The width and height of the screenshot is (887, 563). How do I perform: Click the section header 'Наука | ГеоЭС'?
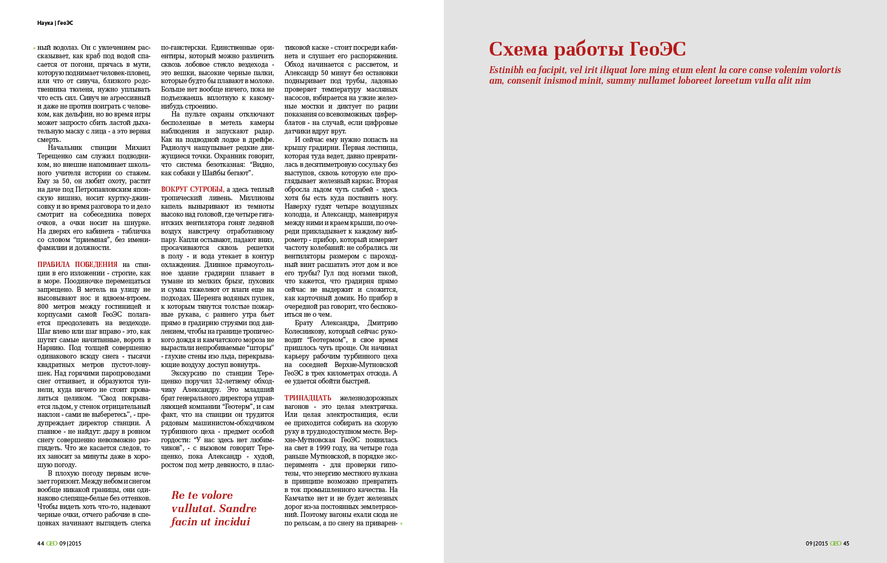coord(55,23)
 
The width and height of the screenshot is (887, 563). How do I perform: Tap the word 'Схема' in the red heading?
coord(518,49)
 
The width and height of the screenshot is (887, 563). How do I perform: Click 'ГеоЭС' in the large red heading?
coord(657,49)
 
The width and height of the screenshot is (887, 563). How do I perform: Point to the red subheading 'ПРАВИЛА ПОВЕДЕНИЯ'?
coord(77,264)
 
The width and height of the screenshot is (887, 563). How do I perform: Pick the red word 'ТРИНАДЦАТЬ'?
coord(308,398)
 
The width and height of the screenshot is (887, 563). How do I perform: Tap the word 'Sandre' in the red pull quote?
coord(237,508)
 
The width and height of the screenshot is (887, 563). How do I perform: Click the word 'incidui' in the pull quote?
coord(230,522)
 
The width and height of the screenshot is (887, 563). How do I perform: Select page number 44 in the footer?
coord(40,543)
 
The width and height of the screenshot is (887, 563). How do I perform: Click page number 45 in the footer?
coord(846,543)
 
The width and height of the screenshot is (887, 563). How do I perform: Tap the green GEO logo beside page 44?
coord(51,543)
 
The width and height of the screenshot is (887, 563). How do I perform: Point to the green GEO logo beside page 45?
coord(835,543)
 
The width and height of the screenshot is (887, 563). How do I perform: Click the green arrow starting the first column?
coord(34,48)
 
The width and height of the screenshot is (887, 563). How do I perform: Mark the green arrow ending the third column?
coord(401,523)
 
